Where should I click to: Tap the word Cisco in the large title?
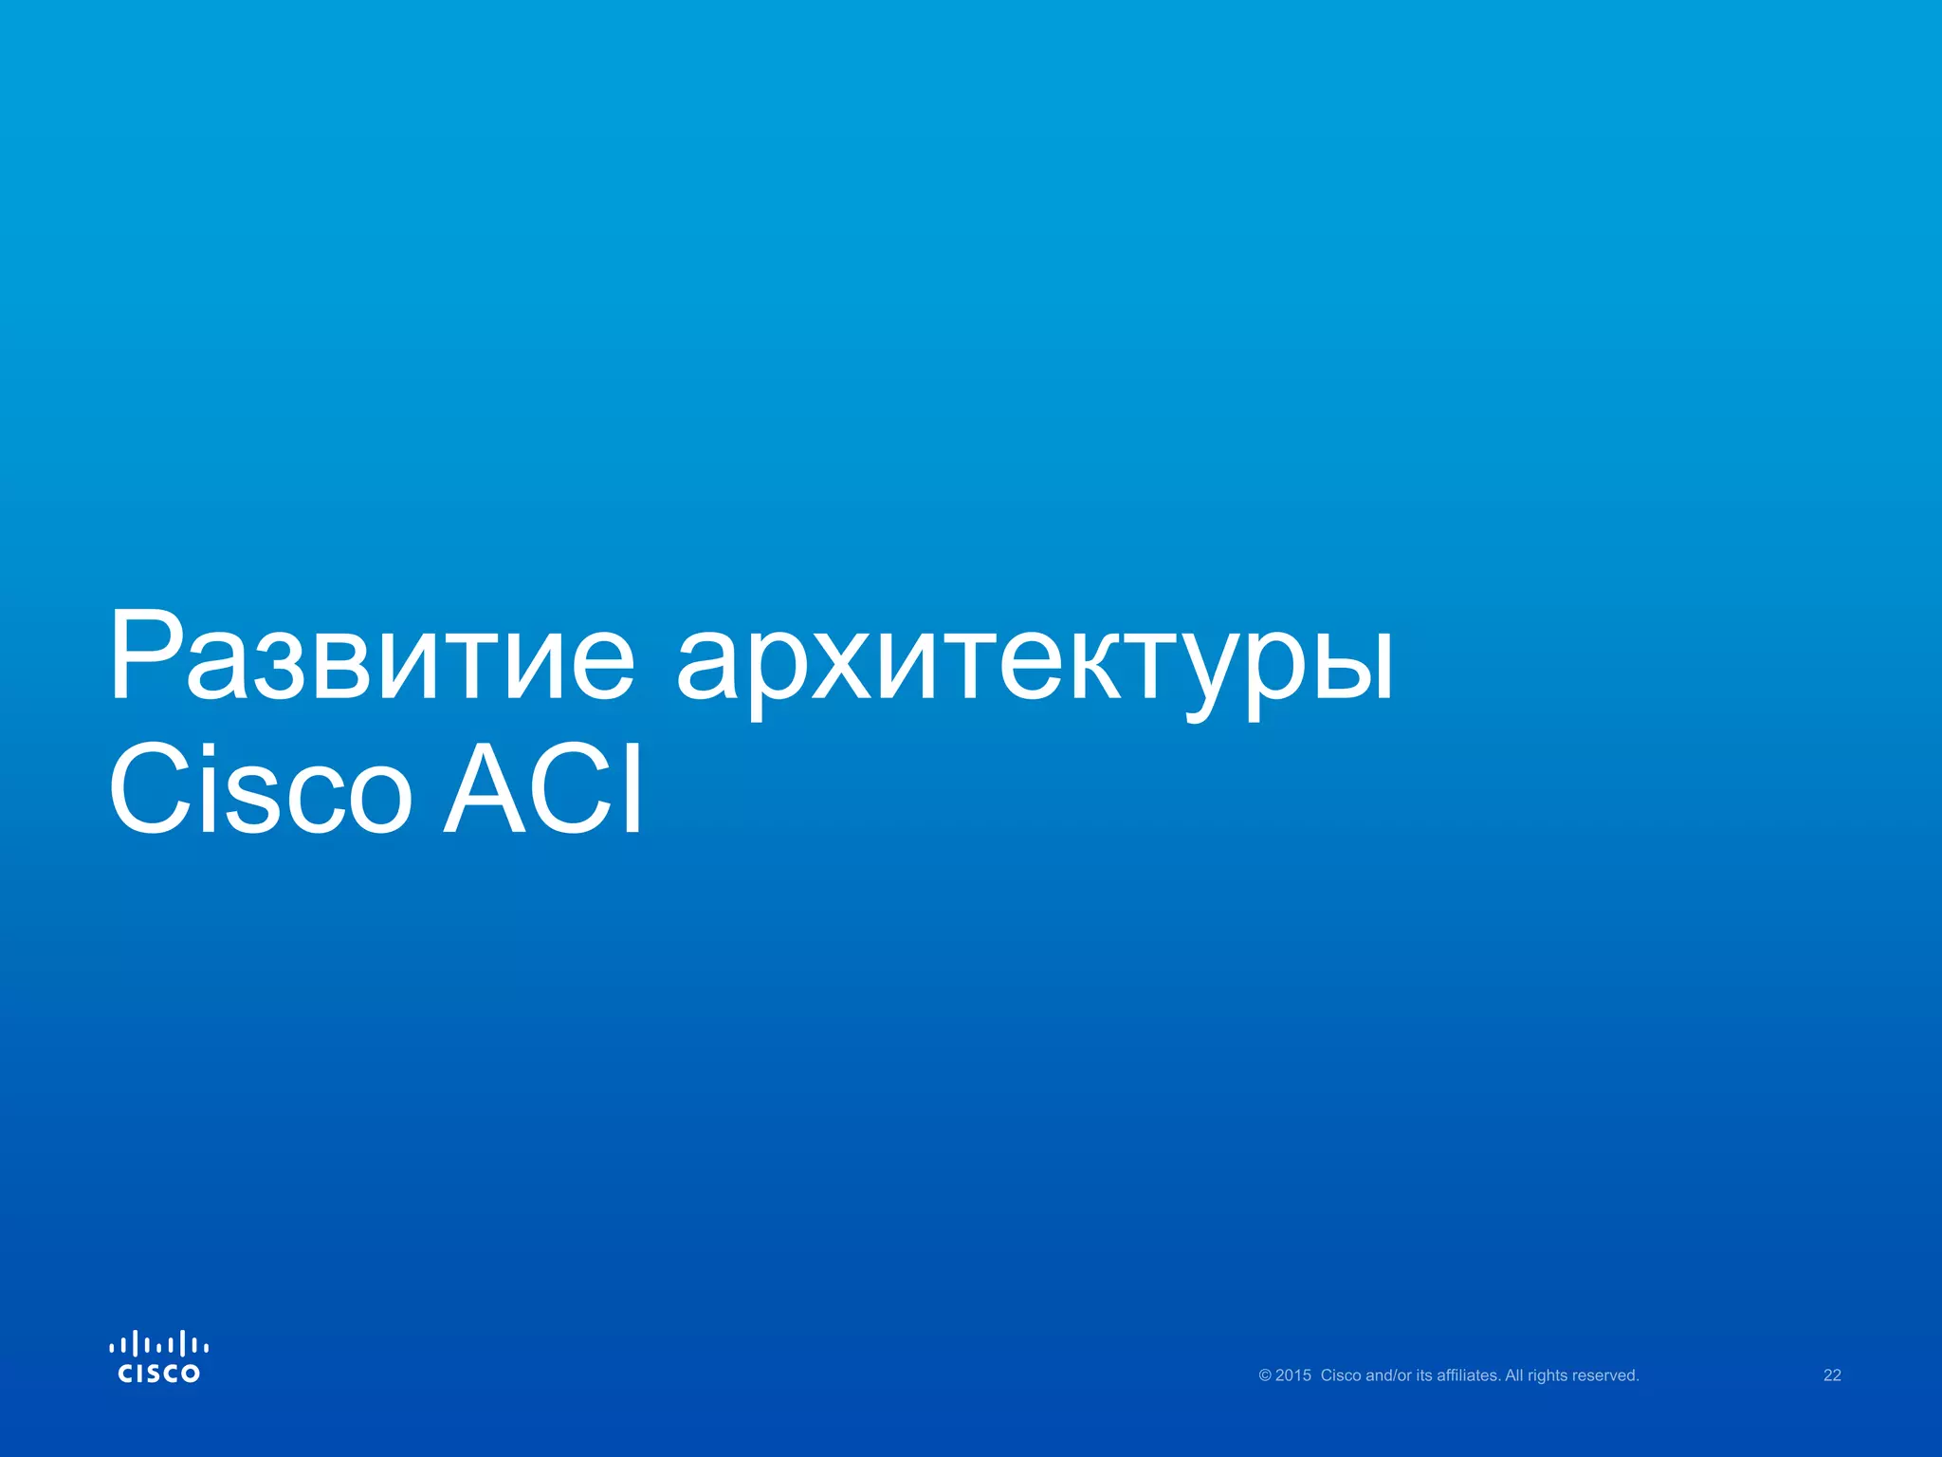tap(261, 789)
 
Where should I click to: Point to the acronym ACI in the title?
tap(543, 789)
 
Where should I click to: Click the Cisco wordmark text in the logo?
tap(158, 1374)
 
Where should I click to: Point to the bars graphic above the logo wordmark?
tap(158, 1344)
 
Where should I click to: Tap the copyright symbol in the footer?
tap(1265, 1375)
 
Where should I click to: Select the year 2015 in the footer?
tap(1293, 1375)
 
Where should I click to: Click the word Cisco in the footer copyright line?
tap(1341, 1375)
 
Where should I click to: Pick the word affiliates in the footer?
tap(1468, 1375)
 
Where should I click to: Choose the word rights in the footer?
tap(1548, 1375)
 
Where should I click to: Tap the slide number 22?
tap(1832, 1375)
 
